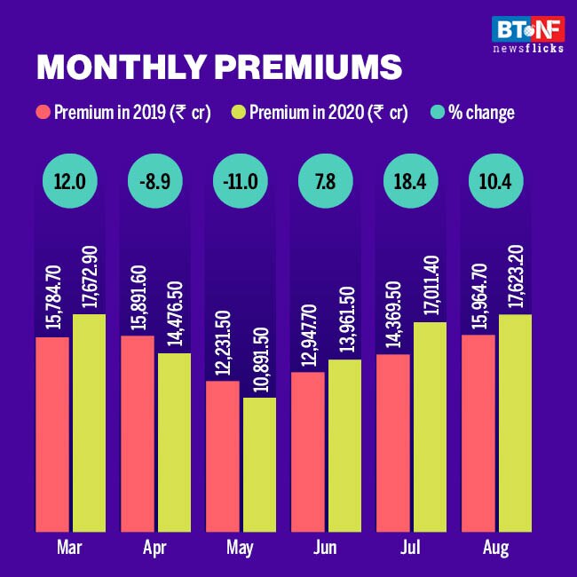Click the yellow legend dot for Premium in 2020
click(238, 113)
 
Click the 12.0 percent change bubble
click(70, 179)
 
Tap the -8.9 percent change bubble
click(154, 179)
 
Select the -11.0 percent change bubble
click(241, 179)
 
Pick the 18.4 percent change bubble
click(411, 179)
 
